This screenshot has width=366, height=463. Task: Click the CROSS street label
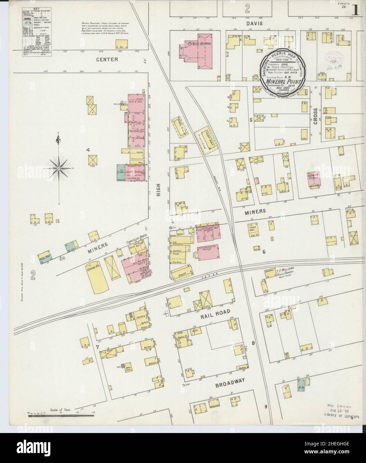point(316,116)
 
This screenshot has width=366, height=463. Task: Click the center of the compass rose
point(59,169)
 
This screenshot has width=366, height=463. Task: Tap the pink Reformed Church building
point(314,180)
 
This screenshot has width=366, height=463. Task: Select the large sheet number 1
point(356,11)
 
